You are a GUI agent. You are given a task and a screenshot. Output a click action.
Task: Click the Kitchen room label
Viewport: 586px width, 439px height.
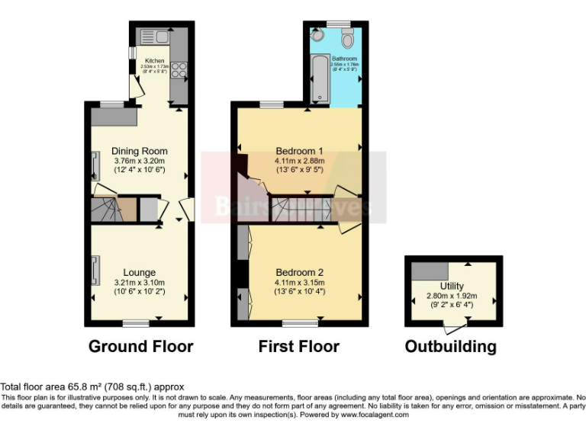click(155, 61)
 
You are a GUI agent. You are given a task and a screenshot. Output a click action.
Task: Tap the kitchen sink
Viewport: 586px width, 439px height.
click(147, 35)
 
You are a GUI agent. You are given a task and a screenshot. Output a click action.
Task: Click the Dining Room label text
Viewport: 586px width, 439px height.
click(139, 151)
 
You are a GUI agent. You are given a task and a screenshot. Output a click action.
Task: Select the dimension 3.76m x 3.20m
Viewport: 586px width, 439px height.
click(139, 161)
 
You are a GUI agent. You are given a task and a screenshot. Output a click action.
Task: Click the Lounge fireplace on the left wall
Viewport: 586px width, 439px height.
click(95, 270)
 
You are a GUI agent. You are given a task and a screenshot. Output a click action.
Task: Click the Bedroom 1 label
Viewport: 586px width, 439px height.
click(300, 150)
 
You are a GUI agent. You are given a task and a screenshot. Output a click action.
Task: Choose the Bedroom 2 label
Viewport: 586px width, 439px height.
click(300, 272)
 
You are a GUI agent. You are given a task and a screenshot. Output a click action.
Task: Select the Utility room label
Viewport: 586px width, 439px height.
click(452, 287)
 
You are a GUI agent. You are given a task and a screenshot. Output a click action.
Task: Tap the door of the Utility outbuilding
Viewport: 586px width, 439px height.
click(455, 328)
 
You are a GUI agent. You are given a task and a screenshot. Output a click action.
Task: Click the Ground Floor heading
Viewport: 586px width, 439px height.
click(141, 347)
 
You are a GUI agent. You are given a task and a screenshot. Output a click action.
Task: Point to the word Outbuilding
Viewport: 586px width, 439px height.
click(450, 347)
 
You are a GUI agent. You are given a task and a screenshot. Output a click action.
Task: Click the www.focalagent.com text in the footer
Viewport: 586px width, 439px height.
click(375, 415)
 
